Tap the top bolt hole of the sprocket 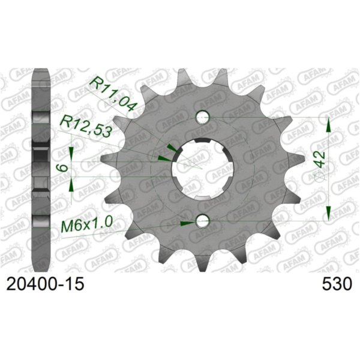coord(203,117)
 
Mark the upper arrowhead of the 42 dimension coord(328,125)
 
